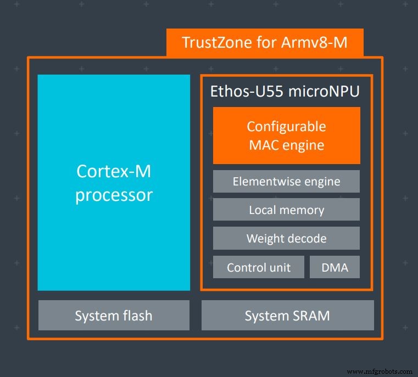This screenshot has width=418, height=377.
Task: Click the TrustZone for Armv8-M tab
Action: [x=264, y=42]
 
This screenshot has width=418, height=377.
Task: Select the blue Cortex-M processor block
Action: [x=114, y=182]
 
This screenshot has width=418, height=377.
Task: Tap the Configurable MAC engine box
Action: [x=286, y=136]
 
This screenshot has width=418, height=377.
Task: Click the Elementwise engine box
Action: [x=286, y=181]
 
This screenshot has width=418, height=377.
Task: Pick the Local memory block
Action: [x=286, y=210]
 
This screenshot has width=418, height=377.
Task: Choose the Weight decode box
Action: [x=286, y=238]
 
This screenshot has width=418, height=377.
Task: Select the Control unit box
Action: [x=259, y=268]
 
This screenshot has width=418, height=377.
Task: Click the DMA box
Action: [x=334, y=268]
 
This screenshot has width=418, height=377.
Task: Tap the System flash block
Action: [x=114, y=316]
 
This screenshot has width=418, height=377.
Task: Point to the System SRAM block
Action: [x=287, y=316]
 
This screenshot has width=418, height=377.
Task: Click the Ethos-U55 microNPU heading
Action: [x=285, y=91]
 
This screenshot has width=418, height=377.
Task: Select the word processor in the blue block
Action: [x=114, y=195]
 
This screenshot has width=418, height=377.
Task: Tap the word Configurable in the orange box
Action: [x=286, y=126]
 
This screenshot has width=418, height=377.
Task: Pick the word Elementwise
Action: [x=265, y=181]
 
